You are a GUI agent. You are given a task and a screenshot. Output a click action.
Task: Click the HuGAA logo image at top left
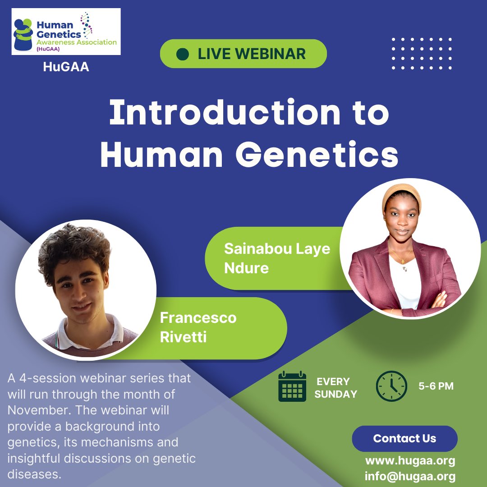point(66,32)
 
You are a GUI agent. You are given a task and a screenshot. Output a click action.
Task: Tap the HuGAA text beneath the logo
point(66,67)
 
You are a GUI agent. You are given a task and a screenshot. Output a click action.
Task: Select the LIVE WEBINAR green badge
point(243,54)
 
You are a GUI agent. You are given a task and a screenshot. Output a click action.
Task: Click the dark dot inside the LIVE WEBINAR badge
point(182,54)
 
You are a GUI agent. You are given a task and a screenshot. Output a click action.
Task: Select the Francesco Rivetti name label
point(198,327)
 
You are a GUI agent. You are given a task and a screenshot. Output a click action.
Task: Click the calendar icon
point(292,387)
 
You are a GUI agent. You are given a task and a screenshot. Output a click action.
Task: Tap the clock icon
point(391,386)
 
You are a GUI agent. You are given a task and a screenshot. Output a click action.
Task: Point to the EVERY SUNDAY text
point(335,388)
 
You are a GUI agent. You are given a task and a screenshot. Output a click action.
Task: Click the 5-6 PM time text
point(436,386)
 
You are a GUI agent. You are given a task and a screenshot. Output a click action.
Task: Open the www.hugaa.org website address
point(410,461)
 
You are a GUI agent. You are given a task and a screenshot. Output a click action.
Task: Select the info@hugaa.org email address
point(410,476)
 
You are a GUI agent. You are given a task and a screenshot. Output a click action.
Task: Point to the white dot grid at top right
point(422,54)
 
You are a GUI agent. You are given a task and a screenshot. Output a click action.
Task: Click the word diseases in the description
point(34,474)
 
